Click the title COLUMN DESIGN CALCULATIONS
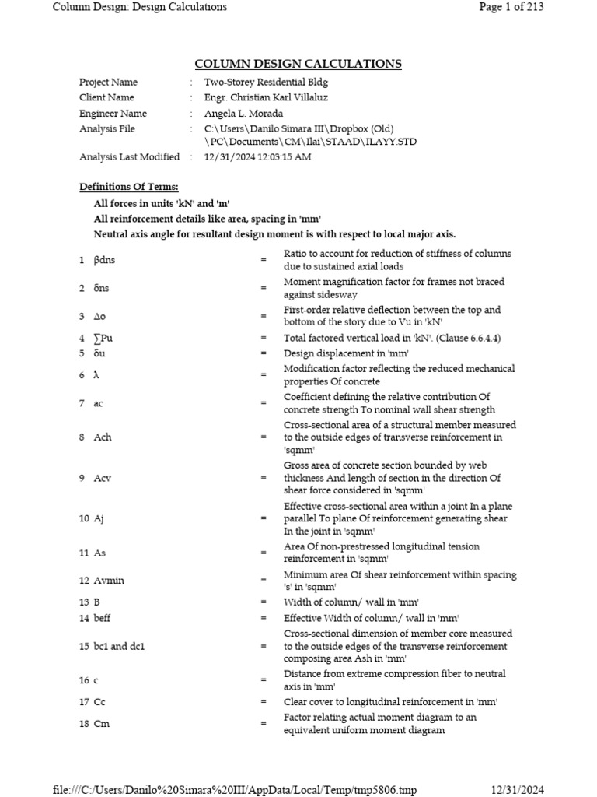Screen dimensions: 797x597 (x=298, y=64)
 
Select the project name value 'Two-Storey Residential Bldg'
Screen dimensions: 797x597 (x=267, y=82)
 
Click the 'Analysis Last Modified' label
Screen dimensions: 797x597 (x=129, y=156)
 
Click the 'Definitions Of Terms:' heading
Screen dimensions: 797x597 (x=128, y=187)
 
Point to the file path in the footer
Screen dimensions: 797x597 (x=235, y=790)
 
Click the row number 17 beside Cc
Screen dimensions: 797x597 (x=84, y=702)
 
